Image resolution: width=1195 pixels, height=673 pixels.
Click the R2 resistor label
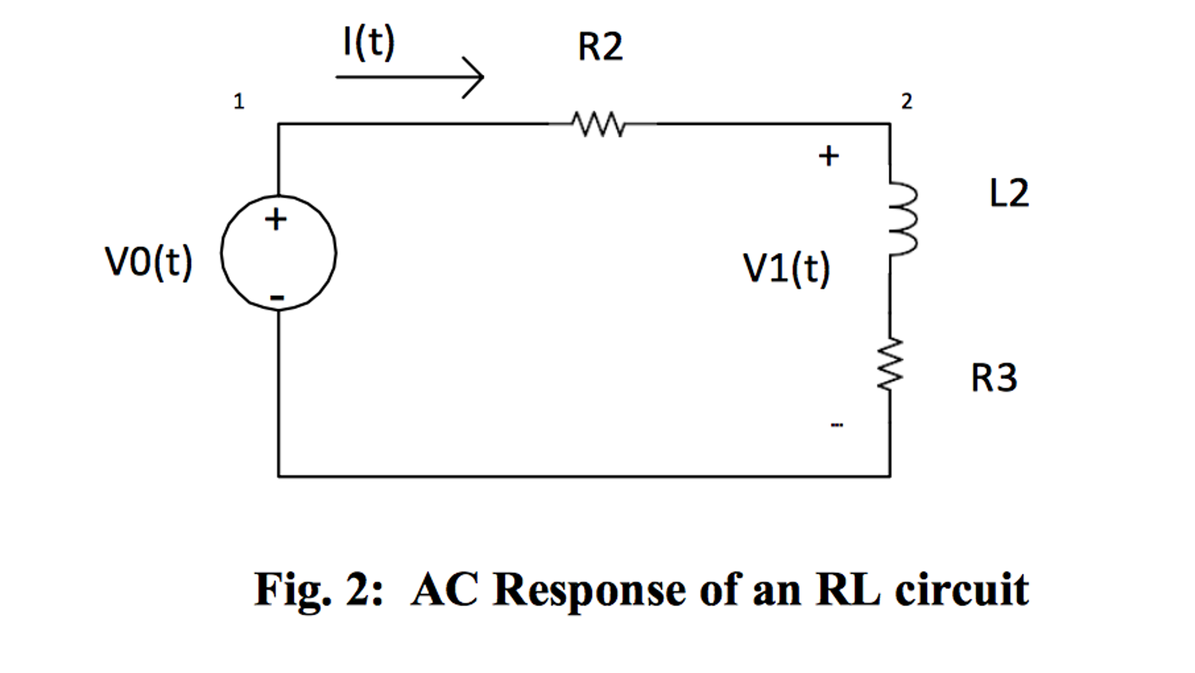coord(600,47)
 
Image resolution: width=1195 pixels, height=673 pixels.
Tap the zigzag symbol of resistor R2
coord(599,124)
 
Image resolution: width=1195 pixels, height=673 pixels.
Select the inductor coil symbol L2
coord(902,219)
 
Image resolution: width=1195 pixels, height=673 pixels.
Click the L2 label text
coord(1009,193)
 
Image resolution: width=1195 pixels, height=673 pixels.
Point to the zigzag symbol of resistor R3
coord(890,363)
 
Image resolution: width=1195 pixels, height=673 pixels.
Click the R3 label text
coord(993,377)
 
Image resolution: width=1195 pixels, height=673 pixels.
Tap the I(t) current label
coord(369,42)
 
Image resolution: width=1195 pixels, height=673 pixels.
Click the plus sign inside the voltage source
coord(276,220)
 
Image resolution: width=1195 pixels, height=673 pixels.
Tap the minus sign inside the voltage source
coord(277,298)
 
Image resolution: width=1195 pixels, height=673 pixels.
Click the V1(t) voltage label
coord(786,268)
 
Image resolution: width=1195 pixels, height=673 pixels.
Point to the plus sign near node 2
coord(828,156)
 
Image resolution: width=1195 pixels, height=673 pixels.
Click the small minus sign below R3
coord(836,425)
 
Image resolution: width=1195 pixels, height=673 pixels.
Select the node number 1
coord(238,102)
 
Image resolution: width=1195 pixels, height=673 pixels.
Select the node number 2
coord(906,102)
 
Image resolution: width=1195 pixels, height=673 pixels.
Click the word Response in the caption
coord(590,590)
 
